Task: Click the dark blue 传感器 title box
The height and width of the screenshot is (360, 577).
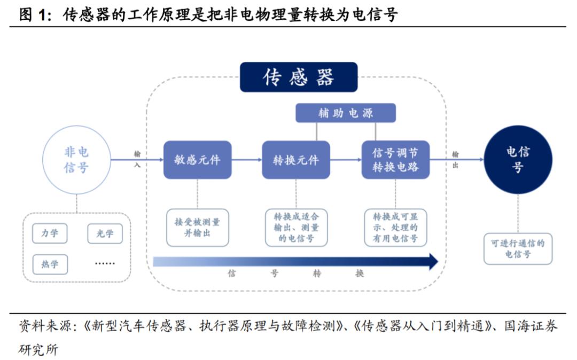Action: click(298, 77)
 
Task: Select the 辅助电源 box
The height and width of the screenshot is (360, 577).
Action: click(346, 113)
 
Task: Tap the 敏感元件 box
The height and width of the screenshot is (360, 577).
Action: click(197, 160)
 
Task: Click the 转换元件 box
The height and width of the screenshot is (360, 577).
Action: click(295, 160)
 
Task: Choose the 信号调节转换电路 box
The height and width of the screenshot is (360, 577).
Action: click(395, 160)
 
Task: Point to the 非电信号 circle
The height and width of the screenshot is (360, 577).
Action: click(76, 160)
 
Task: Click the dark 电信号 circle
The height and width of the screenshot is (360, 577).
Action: click(517, 160)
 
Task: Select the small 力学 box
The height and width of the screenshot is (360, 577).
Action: click(50, 233)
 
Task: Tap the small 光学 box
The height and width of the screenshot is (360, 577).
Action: click(105, 233)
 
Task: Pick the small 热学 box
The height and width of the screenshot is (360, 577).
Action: click(50, 264)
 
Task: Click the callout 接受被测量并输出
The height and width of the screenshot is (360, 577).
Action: click(197, 227)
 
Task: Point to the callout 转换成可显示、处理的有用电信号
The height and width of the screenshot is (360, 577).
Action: click(395, 227)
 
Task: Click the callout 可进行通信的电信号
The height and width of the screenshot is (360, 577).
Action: click(518, 248)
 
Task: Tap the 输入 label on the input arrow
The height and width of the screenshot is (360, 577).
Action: click(137, 159)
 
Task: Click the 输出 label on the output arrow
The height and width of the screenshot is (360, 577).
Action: click(456, 159)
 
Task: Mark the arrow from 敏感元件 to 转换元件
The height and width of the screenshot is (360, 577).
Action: click(246, 160)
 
